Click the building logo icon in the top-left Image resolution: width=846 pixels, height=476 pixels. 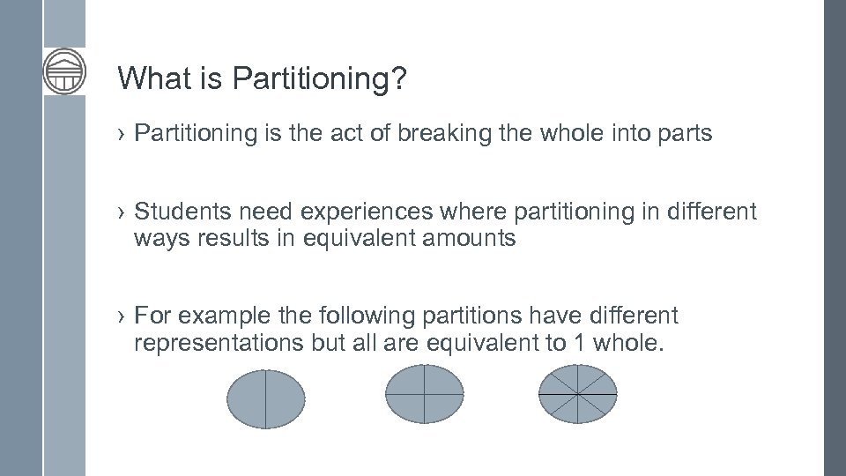(x=64, y=71)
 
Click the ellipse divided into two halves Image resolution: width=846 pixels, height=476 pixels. (x=266, y=399)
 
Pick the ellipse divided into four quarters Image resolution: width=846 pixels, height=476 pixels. (x=425, y=394)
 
